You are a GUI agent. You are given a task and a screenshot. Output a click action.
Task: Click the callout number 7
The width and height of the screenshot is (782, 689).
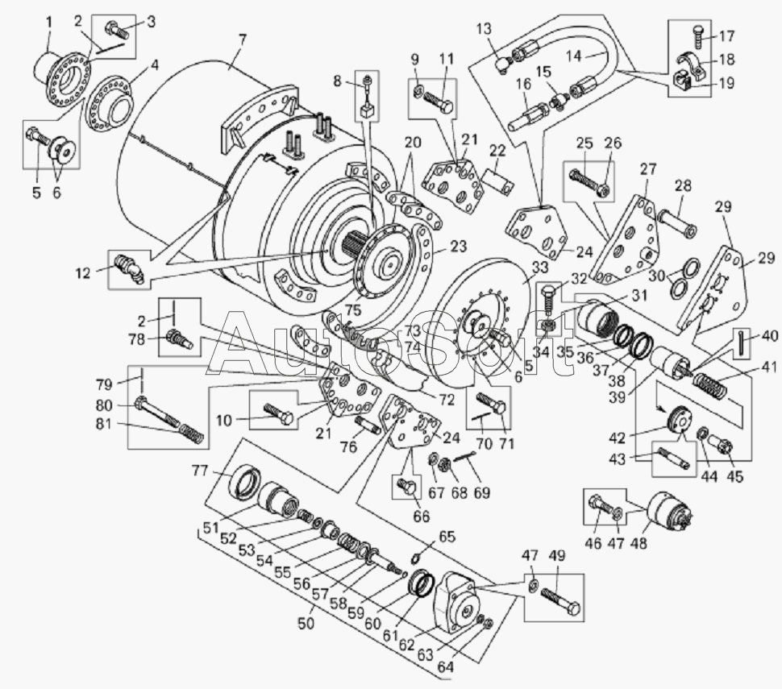pyautogui.click(x=243, y=41)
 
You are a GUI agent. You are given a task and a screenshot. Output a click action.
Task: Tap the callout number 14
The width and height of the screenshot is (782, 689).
pyautogui.click(x=574, y=56)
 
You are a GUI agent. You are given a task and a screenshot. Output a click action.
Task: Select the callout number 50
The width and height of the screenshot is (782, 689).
pyautogui.click(x=306, y=623)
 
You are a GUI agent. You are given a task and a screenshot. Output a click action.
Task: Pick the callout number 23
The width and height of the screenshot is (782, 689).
pyautogui.click(x=459, y=247)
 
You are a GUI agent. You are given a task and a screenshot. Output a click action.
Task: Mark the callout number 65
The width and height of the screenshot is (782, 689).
pyautogui.click(x=447, y=537)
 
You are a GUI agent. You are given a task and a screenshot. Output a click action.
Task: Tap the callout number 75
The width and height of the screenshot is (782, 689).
pyautogui.click(x=355, y=309)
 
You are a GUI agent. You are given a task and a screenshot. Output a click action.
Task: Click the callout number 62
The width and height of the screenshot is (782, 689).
pyautogui.click(x=406, y=644)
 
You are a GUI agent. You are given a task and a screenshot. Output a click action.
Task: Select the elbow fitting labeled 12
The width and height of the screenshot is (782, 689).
pyautogui.click(x=129, y=268)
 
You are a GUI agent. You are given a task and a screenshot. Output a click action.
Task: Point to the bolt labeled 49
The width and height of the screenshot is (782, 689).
pyautogui.click(x=560, y=602)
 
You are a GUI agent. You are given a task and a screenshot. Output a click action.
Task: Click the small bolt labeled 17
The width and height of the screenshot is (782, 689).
pyautogui.click(x=700, y=35)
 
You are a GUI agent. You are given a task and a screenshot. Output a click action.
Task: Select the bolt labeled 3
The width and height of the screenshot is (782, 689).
pyautogui.click(x=117, y=28)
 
